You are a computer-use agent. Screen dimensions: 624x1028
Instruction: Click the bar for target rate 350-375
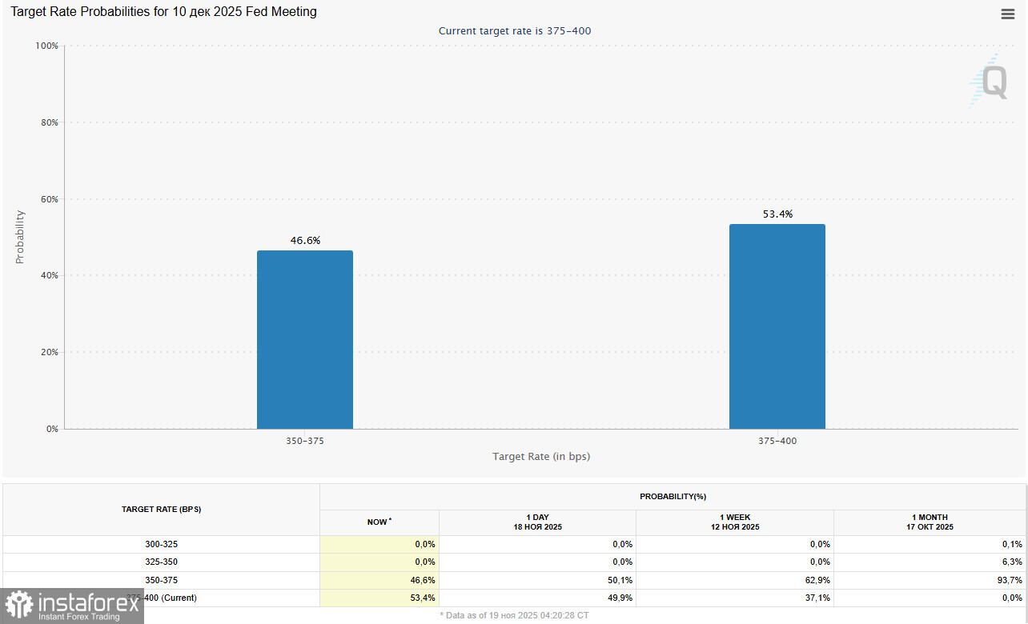304,340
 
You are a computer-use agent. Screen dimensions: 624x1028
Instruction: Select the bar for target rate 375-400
777,326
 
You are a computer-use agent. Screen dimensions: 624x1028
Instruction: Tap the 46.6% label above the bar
305,240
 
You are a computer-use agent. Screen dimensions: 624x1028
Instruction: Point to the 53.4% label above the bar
777,214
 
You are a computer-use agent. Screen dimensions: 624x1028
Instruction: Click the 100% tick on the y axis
46,46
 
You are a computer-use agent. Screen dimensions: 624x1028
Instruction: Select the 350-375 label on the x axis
305,441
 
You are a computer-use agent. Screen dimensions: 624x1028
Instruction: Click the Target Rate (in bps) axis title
541,456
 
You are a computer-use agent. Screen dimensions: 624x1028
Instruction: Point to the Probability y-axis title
20,237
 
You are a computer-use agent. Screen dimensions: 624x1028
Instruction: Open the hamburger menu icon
1008,14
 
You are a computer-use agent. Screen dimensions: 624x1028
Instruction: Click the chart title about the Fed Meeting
163,12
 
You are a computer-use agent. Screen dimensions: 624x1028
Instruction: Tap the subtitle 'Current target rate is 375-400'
515,30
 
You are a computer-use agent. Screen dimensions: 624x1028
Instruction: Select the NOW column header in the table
379,522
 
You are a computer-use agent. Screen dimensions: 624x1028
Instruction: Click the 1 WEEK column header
734,522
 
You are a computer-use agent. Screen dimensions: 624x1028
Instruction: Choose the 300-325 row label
161,544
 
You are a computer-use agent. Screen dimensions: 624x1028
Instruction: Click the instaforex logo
71,606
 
